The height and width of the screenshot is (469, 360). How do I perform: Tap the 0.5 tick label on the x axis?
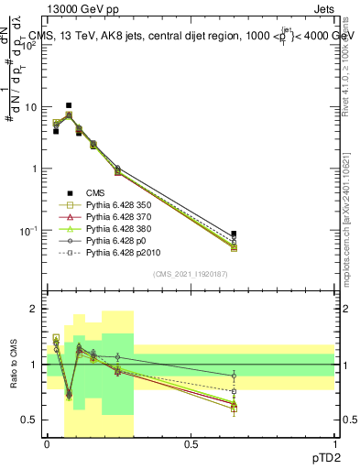pos(191,442)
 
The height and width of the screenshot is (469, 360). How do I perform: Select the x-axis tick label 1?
pos(334,442)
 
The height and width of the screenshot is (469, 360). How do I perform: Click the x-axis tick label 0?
pos(47,442)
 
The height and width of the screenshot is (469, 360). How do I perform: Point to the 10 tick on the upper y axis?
pos(32,107)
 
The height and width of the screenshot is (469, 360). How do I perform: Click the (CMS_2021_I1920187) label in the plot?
pos(191,274)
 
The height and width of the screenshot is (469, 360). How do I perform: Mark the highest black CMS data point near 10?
pos(69,106)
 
